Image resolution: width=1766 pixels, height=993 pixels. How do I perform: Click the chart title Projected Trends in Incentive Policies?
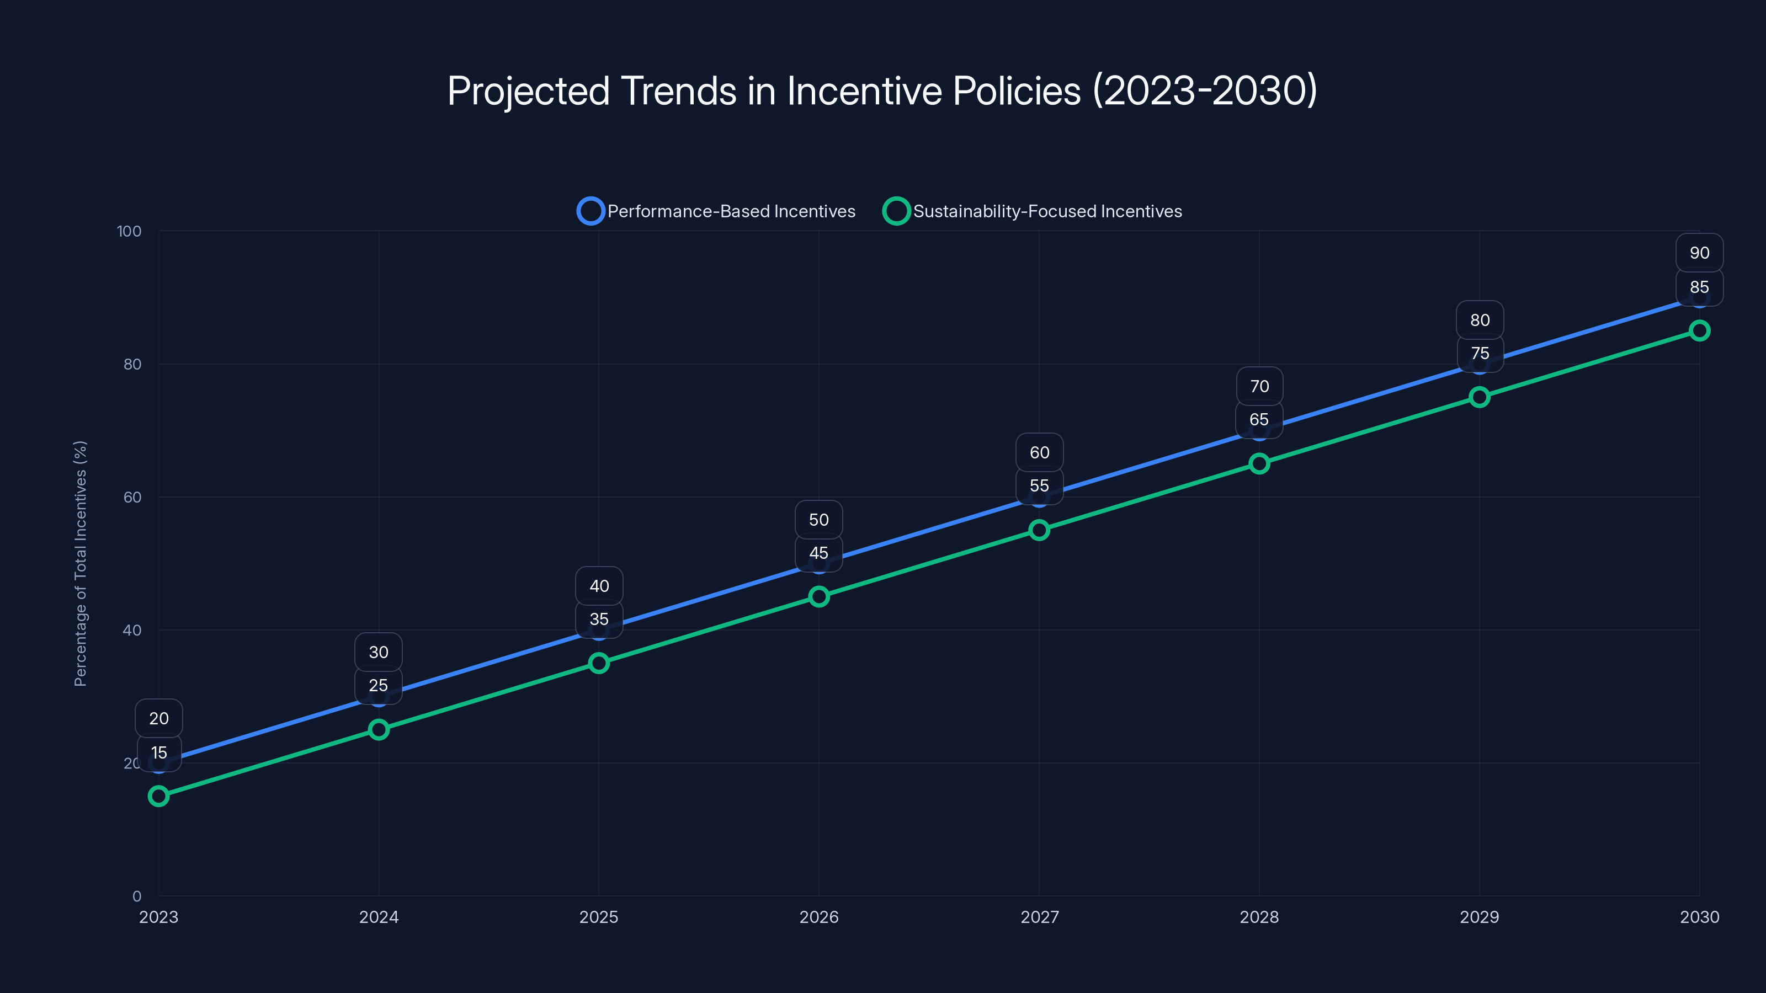[882, 90]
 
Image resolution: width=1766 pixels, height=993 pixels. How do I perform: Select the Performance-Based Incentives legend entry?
[716, 211]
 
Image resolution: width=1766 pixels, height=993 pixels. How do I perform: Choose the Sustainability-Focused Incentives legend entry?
[1033, 211]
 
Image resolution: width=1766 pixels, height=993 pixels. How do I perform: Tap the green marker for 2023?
[158, 796]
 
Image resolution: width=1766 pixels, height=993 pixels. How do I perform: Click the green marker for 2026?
[818, 596]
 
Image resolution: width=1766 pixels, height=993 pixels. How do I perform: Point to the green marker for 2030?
[1699, 330]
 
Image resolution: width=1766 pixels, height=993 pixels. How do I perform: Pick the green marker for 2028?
[1259, 463]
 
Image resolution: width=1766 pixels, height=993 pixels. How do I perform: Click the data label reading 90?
[1699, 253]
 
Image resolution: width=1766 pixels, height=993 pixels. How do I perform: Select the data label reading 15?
[158, 752]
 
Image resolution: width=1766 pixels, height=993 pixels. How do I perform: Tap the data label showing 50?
[818, 520]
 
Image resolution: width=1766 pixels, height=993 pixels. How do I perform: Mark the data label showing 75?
[1480, 354]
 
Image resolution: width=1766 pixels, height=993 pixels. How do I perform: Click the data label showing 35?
[598, 620]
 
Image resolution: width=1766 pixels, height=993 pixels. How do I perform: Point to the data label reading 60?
[1039, 452]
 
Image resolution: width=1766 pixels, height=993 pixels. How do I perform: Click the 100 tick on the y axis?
[129, 231]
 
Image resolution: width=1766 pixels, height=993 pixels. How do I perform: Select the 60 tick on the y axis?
[132, 497]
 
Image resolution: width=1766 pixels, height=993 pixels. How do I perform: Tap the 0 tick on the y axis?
[136, 896]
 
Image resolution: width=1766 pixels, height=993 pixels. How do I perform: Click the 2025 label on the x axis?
[598, 917]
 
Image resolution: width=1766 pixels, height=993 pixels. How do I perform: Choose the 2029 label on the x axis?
[1479, 917]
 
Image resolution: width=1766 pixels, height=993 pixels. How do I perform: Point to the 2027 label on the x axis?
[1039, 917]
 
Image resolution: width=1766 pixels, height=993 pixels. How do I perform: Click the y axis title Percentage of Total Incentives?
[80, 563]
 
